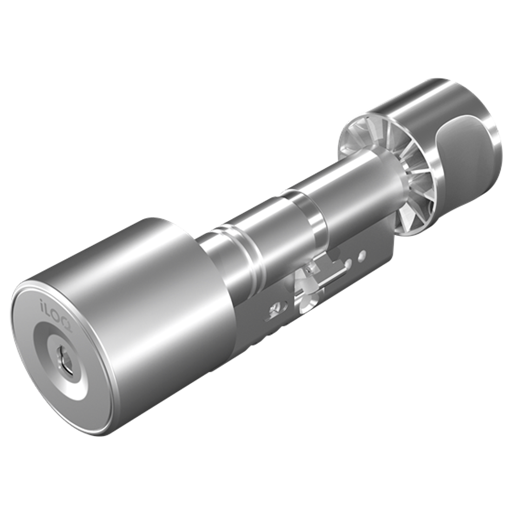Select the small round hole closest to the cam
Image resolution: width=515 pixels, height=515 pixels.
[x=349, y=263]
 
